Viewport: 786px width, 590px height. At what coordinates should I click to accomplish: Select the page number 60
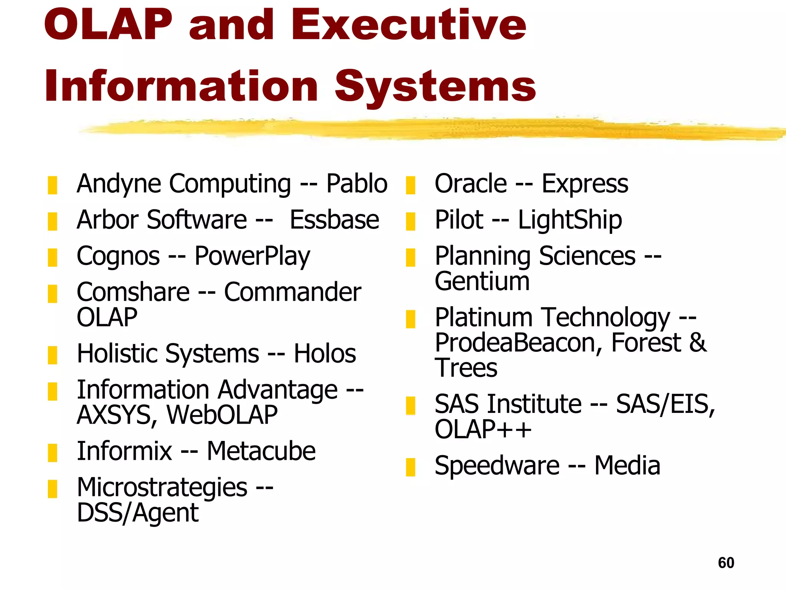point(726,563)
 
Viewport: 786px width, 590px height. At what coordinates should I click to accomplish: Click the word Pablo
point(357,184)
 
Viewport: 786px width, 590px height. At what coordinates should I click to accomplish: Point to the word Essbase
point(334,220)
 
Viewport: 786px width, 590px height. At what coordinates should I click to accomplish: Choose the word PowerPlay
point(252,256)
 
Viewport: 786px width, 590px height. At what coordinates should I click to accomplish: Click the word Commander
point(292,292)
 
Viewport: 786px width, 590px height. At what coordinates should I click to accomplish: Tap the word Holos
point(325,354)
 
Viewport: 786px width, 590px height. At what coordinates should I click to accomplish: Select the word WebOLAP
point(222,415)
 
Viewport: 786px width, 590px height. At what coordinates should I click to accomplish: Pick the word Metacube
point(261,451)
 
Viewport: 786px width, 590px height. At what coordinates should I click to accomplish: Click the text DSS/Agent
point(137,513)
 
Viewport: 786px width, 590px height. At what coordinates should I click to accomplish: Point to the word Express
point(585,184)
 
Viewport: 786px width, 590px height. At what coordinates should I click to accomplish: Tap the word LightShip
point(570,220)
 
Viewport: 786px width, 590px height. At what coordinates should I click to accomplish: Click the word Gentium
point(482,281)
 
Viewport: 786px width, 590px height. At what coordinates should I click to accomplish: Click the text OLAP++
point(483,429)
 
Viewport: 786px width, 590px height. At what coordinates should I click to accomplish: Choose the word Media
point(627,466)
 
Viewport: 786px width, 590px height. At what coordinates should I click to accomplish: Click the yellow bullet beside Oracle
point(410,185)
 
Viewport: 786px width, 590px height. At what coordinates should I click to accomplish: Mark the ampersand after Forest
point(697,343)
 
